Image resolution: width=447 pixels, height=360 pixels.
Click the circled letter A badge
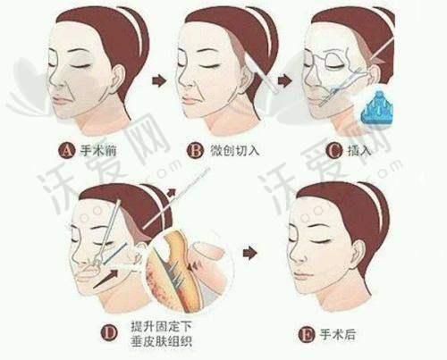point(66,150)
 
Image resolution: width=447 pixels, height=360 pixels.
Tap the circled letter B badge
point(195,150)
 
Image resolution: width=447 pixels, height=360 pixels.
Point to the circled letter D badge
point(109,332)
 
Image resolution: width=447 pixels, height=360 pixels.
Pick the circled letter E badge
point(307,335)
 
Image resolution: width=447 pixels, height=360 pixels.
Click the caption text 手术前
point(98,150)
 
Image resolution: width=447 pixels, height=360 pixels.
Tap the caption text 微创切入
point(235,150)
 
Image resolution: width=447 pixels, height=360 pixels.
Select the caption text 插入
point(359,151)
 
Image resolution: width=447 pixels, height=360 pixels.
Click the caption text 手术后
point(338,335)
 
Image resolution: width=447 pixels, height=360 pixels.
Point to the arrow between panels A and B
point(158,81)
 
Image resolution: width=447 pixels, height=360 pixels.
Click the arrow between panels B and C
point(284,81)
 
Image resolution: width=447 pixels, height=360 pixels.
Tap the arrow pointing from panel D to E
point(249,253)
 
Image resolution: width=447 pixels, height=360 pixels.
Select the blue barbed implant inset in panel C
point(378,109)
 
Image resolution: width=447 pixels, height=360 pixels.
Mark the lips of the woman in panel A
point(60,100)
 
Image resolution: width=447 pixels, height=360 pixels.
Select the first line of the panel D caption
point(161,327)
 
